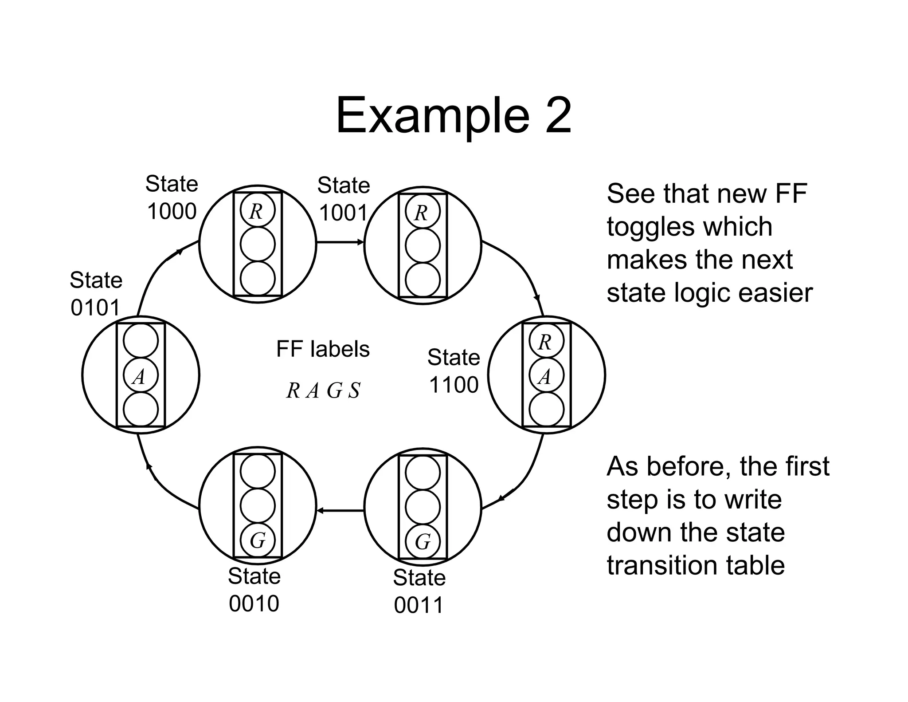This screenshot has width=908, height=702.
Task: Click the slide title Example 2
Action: click(x=454, y=116)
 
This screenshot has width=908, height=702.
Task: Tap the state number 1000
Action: click(x=172, y=212)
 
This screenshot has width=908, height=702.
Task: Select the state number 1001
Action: click(x=343, y=213)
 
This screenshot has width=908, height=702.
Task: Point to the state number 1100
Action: click(x=454, y=385)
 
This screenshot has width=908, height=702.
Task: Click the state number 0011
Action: click(x=419, y=605)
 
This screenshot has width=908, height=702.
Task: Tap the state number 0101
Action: click(x=95, y=308)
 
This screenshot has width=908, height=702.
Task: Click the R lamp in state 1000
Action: click(x=258, y=210)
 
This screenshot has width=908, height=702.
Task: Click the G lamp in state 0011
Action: click(x=423, y=541)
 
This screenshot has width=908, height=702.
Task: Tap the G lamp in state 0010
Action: click(x=258, y=540)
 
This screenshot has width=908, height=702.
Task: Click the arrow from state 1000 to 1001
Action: click(x=340, y=242)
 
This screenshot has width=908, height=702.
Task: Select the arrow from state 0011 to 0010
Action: click(x=340, y=511)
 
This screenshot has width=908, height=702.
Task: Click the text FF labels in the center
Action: click(x=322, y=349)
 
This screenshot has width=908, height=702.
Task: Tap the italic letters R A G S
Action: click(x=323, y=390)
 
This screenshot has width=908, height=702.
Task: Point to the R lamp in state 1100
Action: click(x=546, y=342)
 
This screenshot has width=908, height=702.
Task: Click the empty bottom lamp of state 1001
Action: click(x=423, y=280)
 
